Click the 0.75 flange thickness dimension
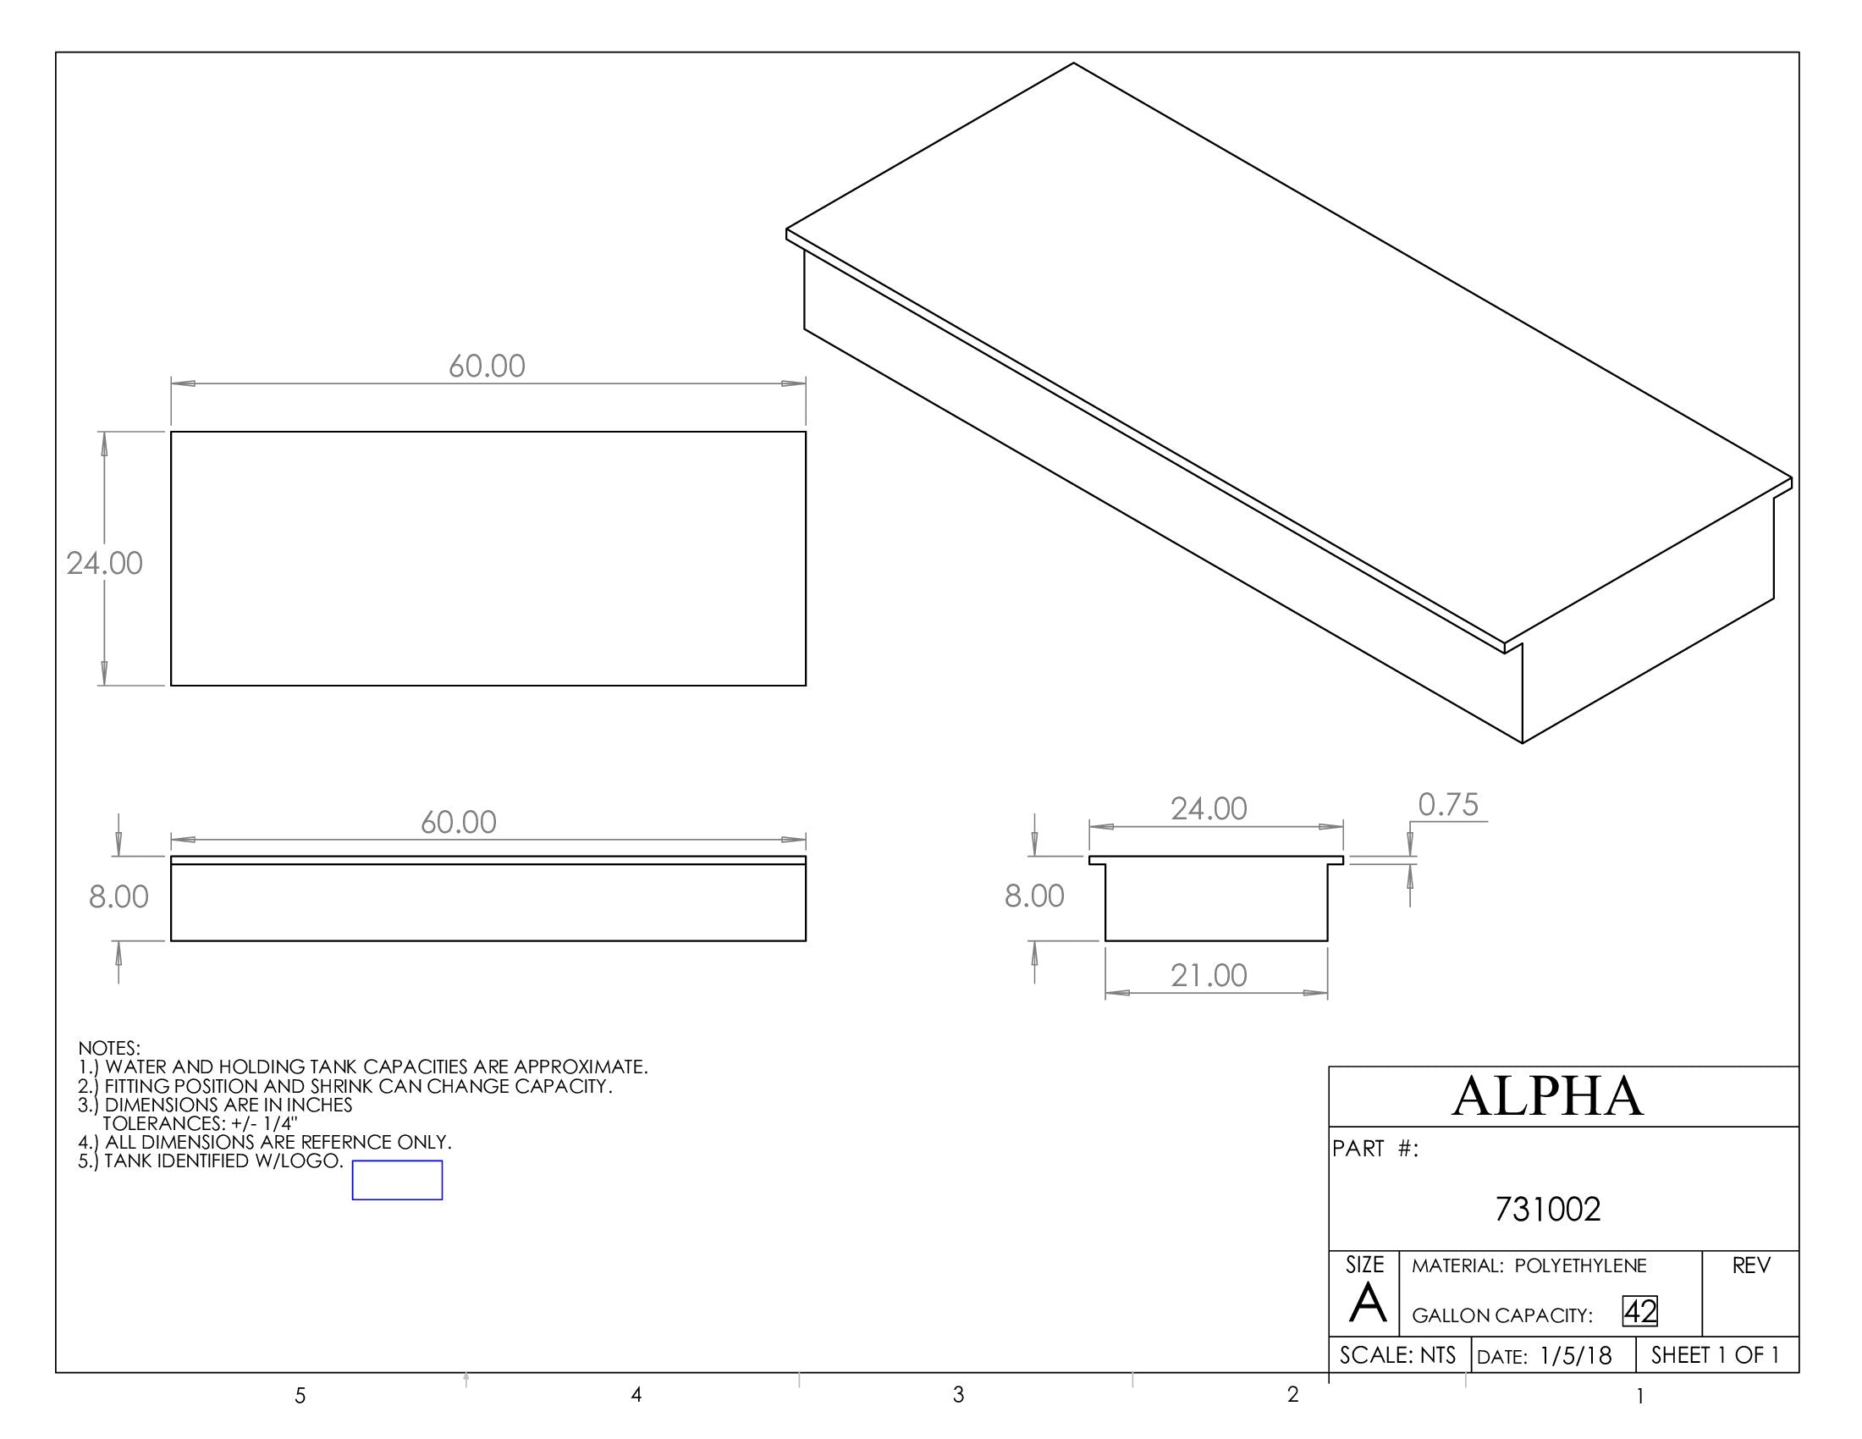tap(1447, 805)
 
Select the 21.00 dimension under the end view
tap(1208, 975)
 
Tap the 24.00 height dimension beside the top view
tap(104, 564)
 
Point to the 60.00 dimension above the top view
tap(487, 367)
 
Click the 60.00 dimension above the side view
tap(458, 823)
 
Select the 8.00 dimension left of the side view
tap(118, 896)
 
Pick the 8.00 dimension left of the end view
tap(1034, 896)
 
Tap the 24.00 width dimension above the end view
tap(1208, 808)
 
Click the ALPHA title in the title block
tap(1547, 1096)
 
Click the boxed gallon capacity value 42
tap(1639, 1312)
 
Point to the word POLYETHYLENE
tap(1581, 1266)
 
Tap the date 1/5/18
tap(1576, 1356)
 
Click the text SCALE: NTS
tap(1397, 1355)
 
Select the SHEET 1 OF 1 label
tap(1716, 1355)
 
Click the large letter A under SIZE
tap(1368, 1304)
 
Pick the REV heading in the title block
tap(1751, 1266)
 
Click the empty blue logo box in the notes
tap(397, 1180)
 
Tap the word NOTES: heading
tap(109, 1048)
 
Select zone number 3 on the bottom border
tap(958, 1395)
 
